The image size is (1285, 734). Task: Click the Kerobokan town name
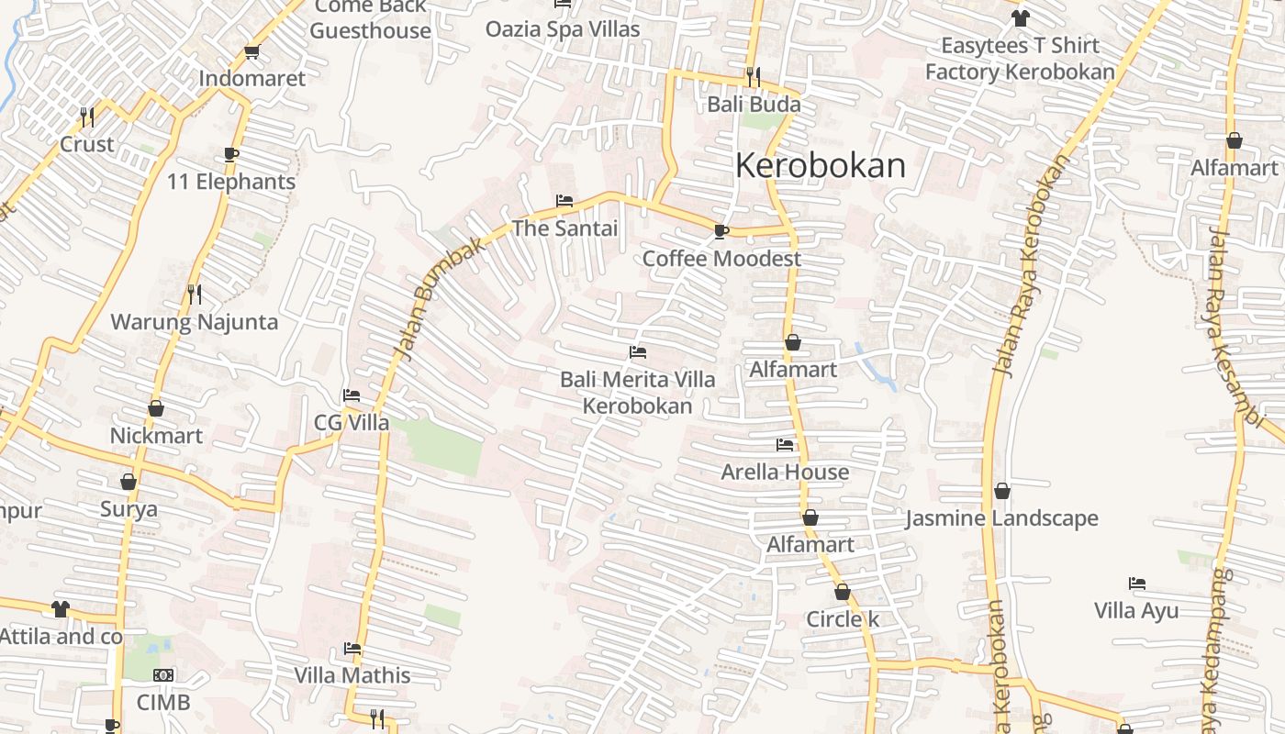click(820, 165)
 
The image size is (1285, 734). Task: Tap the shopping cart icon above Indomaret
click(251, 52)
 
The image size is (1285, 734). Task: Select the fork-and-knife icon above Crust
click(87, 117)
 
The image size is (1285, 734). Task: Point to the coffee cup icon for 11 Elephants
click(230, 154)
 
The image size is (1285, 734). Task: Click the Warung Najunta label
click(194, 322)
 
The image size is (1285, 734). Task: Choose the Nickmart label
click(156, 435)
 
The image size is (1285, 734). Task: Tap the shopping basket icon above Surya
click(128, 482)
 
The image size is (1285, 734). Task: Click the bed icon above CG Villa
click(351, 395)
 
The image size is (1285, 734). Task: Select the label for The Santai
click(564, 228)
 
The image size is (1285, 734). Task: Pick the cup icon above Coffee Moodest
click(721, 231)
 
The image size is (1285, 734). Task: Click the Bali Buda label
click(754, 104)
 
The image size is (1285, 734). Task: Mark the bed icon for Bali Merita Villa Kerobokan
click(638, 352)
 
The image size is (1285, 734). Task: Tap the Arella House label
click(785, 472)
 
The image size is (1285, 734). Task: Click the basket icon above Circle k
click(843, 592)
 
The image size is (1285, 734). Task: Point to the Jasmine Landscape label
click(1001, 518)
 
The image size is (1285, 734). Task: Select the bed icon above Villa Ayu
click(1137, 584)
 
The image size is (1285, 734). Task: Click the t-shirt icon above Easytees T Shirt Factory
click(1020, 17)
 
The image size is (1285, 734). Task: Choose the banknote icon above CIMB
click(163, 675)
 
